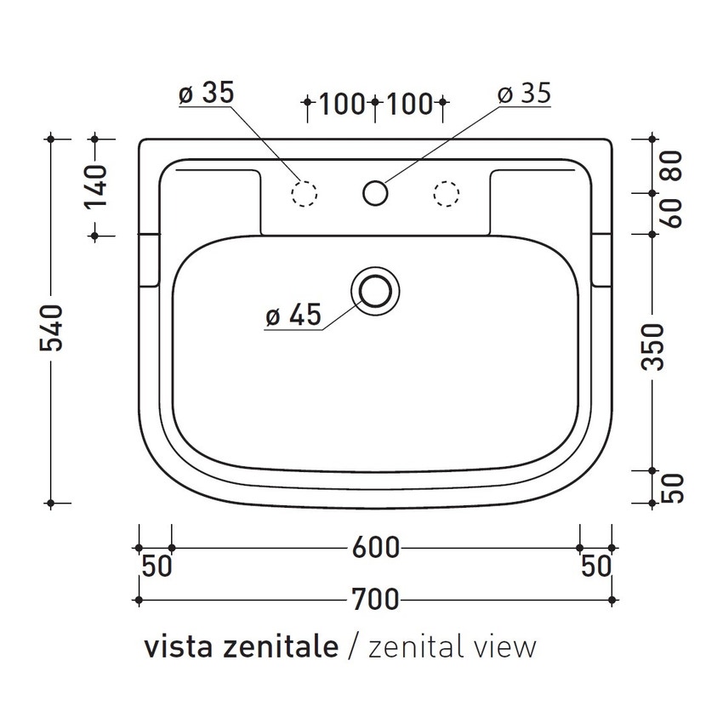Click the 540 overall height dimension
[52, 327]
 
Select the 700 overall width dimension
[375, 601]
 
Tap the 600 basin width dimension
[375, 549]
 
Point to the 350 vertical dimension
[652, 347]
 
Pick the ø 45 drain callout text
[293, 316]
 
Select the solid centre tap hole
[374, 192]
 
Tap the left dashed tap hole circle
[305, 193]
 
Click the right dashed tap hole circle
[445, 193]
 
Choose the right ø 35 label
[524, 94]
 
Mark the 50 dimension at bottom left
[157, 566]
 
